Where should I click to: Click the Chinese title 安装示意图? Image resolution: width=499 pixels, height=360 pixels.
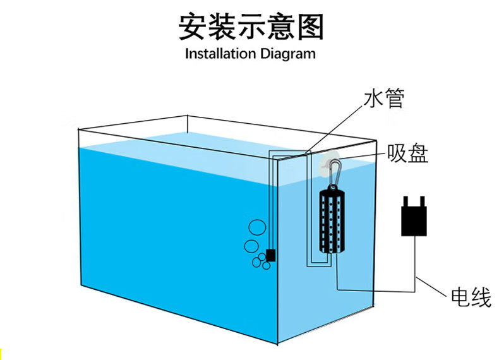[250, 27]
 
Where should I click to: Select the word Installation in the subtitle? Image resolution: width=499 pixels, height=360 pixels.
[218, 54]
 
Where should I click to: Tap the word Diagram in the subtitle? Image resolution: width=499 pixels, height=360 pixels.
[285, 54]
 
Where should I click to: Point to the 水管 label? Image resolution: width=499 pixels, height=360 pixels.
[384, 99]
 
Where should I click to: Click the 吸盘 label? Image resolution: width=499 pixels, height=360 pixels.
[408, 153]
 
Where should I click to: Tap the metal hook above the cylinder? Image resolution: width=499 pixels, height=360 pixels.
[334, 172]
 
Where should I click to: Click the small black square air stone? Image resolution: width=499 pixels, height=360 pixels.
[271, 255]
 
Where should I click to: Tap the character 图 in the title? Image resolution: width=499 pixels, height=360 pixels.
[309, 27]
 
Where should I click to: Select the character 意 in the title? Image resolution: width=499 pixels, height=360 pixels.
[280, 27]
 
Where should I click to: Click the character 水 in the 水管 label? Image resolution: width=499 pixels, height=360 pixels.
[374, 99]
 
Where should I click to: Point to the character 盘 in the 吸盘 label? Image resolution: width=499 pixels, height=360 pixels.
[418, 153]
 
